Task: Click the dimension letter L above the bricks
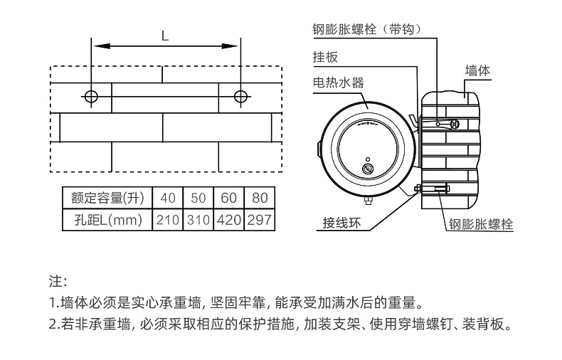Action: pyautogui.click(x=165, y=36)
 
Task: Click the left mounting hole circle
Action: pyautogui.click(x=90, y=96)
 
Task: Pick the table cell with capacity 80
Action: pyautogui.click(x=260, y=197)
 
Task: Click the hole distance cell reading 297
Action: pyautogui.click(x=260, y=219)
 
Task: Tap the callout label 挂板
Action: pyautogui.click(x=324, y=57)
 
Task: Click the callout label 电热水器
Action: pyautogui.click(x=339, y=83)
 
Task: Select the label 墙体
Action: pyautogui.click(x=477, y=70)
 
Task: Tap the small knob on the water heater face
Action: pyautogui.click(x=368, y=169)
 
